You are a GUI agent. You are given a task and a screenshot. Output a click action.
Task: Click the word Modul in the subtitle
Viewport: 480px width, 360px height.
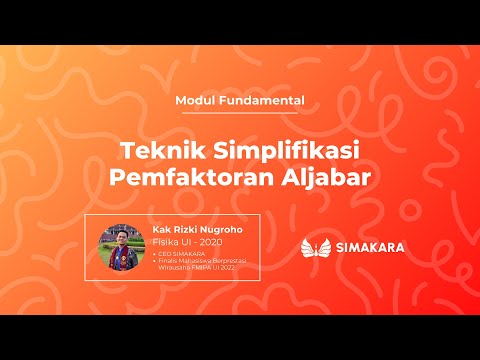click(195, 100)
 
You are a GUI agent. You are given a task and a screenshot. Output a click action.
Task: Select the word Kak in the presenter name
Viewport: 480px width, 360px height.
click(160, 228)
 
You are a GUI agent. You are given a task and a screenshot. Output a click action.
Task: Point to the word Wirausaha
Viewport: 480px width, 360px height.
click(174, 267)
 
